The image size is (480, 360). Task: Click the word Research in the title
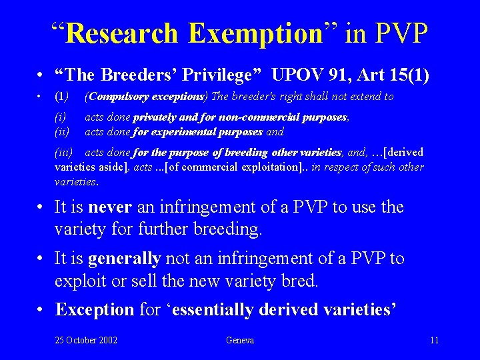pos(123,33)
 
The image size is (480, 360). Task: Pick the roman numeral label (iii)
pos(64,153)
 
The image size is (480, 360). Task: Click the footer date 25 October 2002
pos(86,340)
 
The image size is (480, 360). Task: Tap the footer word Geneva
pos(240,340)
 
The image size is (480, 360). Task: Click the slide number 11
pos(435,340)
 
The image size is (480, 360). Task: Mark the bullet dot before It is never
pos(42,207)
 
